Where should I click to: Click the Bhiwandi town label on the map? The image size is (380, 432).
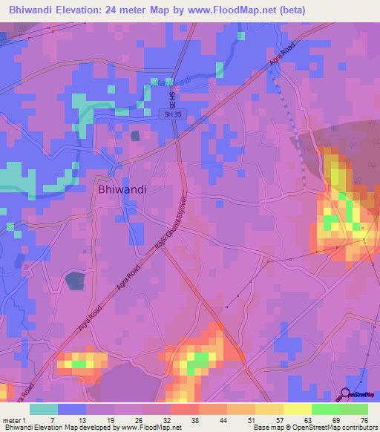pyautogui.click(x=122, y=189)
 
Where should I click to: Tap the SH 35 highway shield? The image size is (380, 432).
pyautogui.click(x=173, y=114)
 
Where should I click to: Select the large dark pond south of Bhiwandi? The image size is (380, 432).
pyautogui.click(x=75, y=281)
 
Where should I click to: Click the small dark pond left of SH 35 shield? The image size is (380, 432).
pyautogui.click(x=135, y=135)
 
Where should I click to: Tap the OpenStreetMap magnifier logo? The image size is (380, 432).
pyautogui.click(x=344, y=394)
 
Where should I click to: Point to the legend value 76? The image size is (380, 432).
pyautogui.click(x=363, y=419)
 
